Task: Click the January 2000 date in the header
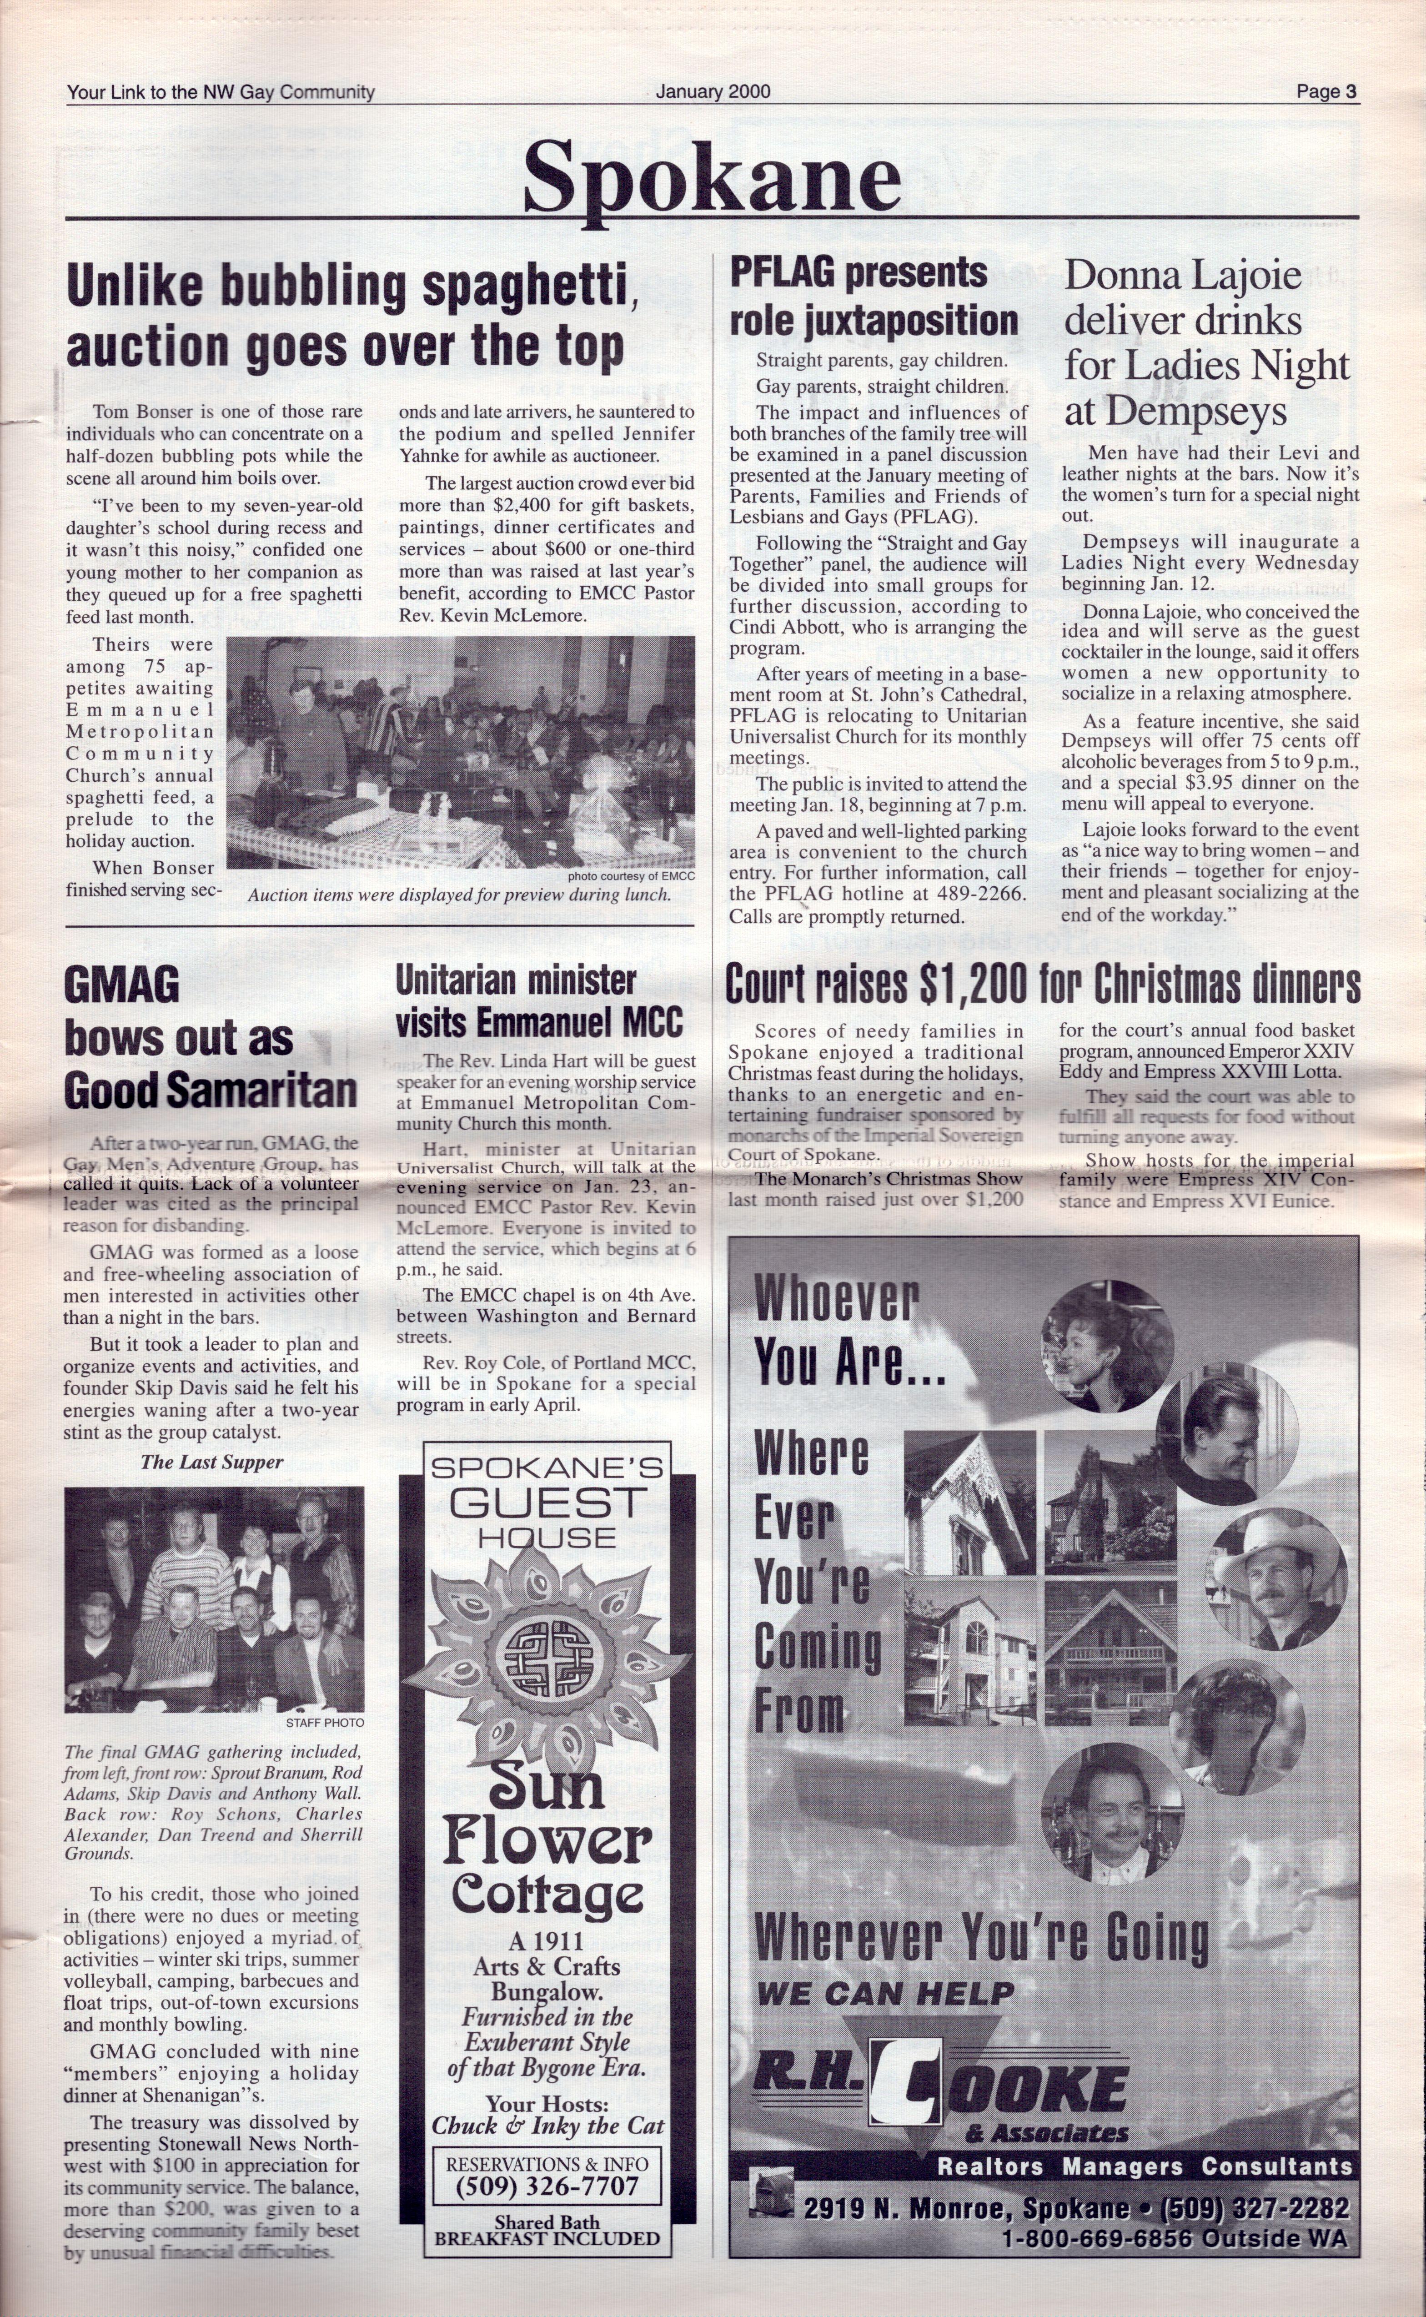(x=713, y=91)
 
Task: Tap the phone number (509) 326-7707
(x=547, y=2185)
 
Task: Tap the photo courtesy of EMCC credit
(x=631, y=876)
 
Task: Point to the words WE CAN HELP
(x=884, y=1994)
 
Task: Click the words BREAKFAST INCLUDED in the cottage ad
(x=547, y=2238)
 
